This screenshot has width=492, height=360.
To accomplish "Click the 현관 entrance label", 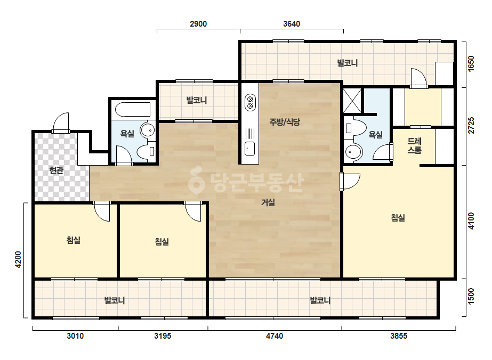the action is coord(56,170).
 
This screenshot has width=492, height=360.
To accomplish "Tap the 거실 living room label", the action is coord(268,202).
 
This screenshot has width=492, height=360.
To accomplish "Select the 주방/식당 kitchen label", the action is coord(285,121).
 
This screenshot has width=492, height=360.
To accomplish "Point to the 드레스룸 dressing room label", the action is coord(414,145).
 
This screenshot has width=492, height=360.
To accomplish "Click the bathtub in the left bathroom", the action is coord(132,110).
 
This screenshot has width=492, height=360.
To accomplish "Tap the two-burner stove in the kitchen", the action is coord(250,102).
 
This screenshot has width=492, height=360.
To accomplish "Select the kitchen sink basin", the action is coord(250,149).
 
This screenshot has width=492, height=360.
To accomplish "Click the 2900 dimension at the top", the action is coord(198,24).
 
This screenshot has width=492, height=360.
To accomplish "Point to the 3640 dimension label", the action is coord(292,24).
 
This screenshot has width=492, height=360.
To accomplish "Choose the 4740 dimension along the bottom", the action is coord(275,336).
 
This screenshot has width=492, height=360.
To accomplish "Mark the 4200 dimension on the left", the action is coord(18,259).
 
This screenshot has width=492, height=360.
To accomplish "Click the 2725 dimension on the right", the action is coord(471,126).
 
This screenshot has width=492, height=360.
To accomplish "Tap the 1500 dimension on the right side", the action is coord(471,296).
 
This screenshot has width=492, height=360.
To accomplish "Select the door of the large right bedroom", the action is coord(350,182).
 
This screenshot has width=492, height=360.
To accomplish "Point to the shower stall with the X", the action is coord(352,101).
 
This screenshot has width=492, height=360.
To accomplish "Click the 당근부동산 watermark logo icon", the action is coord(196,181).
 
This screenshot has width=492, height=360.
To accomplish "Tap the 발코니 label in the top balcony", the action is coord(348,63).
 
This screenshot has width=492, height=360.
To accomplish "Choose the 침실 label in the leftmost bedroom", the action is coord(74,240).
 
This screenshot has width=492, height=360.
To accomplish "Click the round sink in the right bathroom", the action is coord(354,153).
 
